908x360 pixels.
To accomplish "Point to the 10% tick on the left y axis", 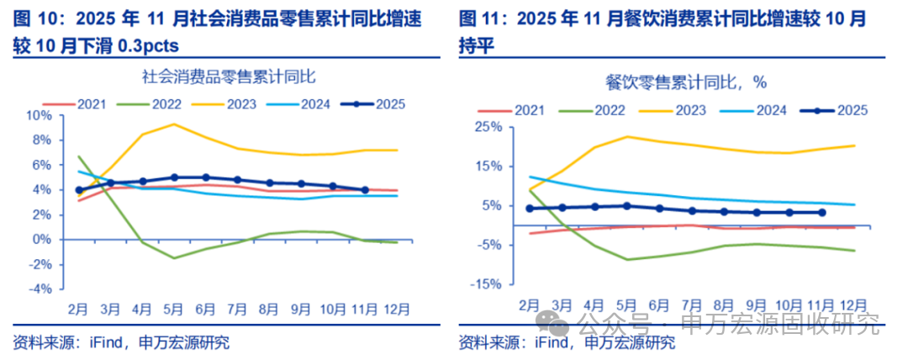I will pos(41,115).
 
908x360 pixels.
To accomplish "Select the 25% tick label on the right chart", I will pos(488,127).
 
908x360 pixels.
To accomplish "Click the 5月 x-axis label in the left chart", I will pos(173,309).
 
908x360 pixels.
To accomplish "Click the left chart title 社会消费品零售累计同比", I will pos(228,77).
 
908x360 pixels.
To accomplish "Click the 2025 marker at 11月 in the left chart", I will pos(364,190).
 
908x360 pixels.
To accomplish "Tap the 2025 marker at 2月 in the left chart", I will pos(79,190).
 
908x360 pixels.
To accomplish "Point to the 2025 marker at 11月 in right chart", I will pos(821,213).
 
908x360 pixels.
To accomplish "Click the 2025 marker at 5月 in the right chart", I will pos(626,205).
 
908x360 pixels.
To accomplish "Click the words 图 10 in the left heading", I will pos(31,17).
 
